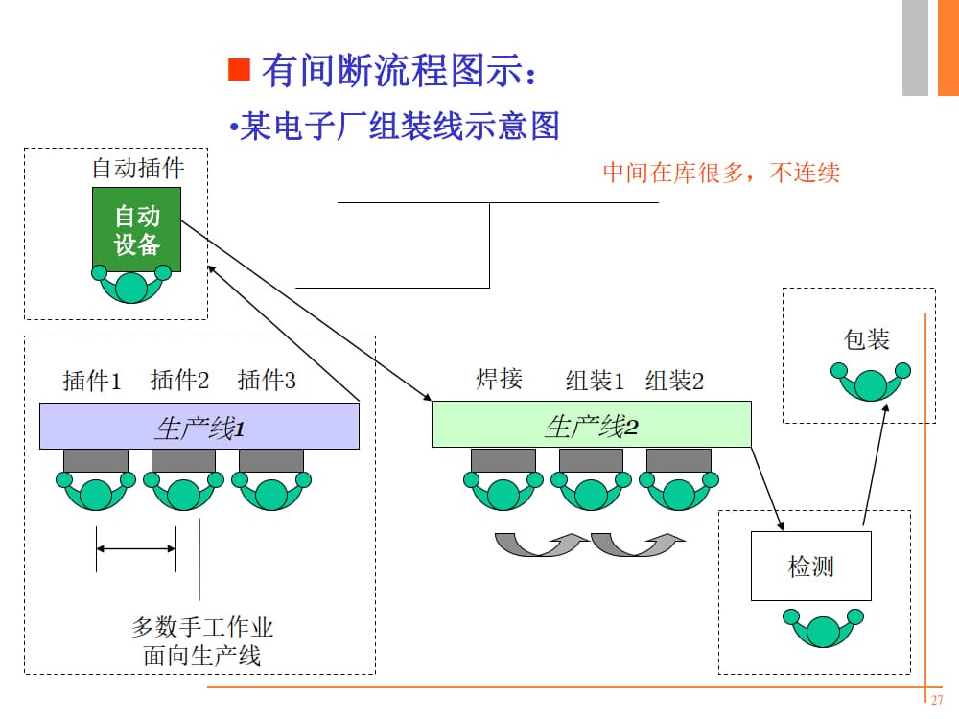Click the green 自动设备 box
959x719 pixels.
tap(137, 229)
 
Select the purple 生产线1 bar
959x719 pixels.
tap(199, 427)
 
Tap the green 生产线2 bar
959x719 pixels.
tap(591, 425)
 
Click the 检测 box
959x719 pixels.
tap(810, 567)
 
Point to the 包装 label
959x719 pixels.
tap(866, 339)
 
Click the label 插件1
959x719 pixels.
tap(92, 382)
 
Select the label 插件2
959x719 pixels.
tap(179, 382)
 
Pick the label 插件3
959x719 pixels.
tap(267, 382)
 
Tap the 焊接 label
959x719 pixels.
tap(499, 379)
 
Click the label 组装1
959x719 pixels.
tap(595, 382)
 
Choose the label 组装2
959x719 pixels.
tap(674, 382)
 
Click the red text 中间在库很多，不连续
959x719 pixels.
tap(720, 173)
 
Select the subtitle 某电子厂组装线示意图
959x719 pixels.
tap(398, 126)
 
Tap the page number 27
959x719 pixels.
tap(938, 699)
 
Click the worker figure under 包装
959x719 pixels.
tap(872, 382)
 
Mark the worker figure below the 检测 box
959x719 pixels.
tap(823, 628)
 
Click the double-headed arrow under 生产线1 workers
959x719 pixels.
tap(136, 548)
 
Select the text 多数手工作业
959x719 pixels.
tap(202, 628)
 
